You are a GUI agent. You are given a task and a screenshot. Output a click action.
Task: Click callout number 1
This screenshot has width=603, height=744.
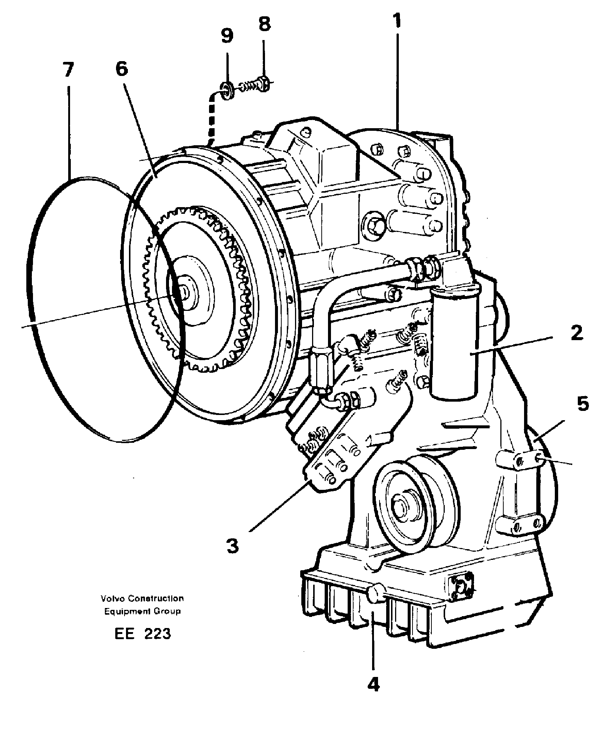click(x=397, y=21)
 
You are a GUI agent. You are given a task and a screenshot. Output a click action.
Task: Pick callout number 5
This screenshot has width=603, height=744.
click(x=583, y=404)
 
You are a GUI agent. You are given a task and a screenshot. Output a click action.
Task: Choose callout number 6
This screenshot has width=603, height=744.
click(x=121, y=69)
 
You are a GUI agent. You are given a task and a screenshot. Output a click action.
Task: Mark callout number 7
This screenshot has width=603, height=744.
click(x=67, y=70)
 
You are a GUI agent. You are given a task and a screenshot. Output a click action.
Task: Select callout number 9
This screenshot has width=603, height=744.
click(x=227, y=36)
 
